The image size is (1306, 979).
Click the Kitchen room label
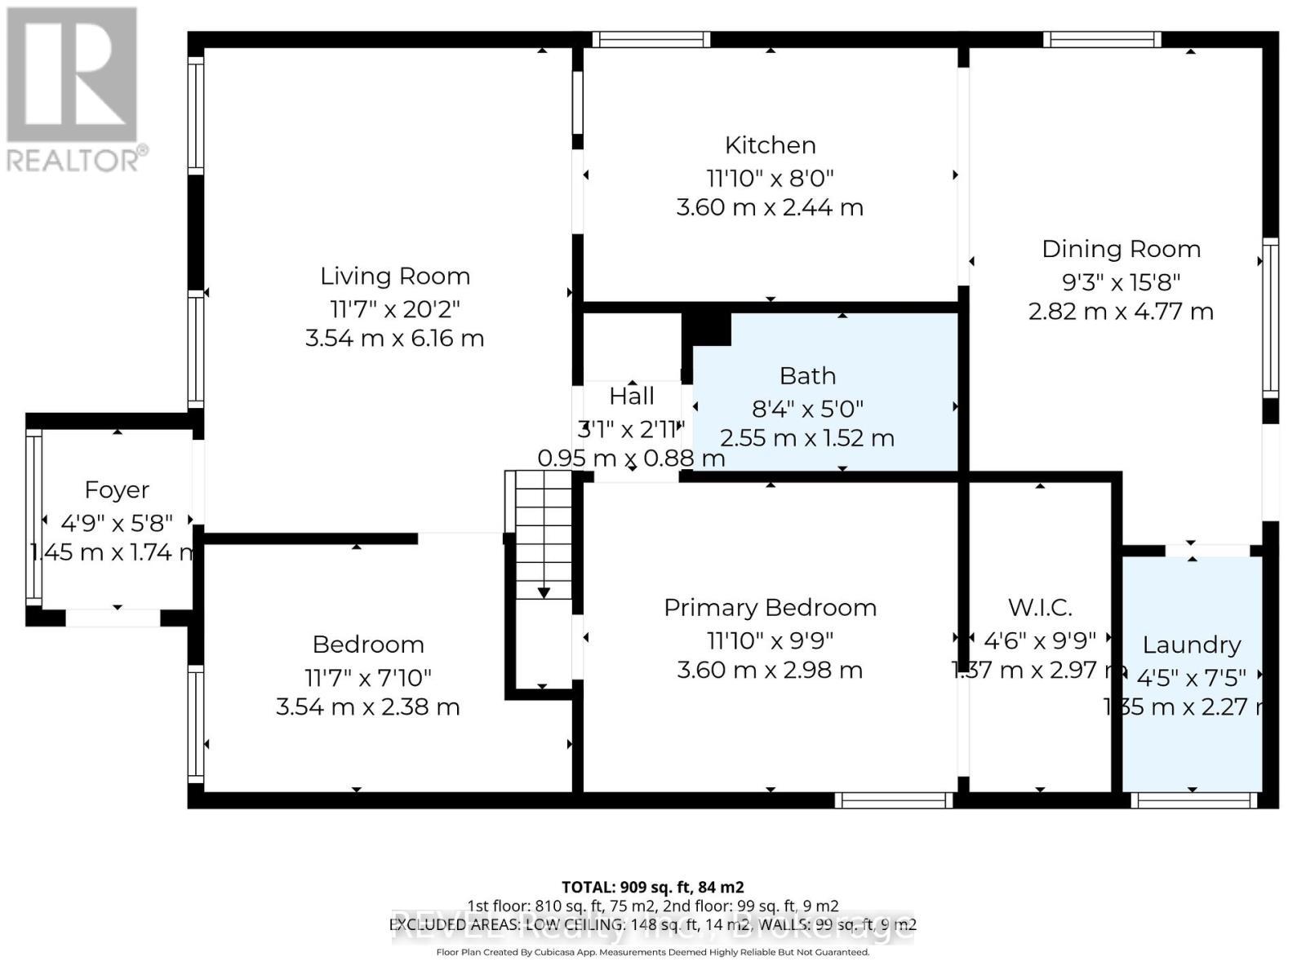[770, 145]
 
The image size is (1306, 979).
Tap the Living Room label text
[394, 277]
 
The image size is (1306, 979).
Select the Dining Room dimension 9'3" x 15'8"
[1121, 282]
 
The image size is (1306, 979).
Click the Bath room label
[807, 376]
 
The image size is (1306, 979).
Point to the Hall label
[631, 396]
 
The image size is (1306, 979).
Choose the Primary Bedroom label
[770, 608]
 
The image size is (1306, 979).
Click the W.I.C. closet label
[1039, 608]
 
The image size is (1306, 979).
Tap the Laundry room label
[1191, 645]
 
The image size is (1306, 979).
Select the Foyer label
[117, 490]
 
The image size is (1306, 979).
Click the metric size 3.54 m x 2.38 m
[367, 707]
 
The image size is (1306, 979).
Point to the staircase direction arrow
[544, 592]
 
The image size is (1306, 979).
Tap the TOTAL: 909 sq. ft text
[651, 887]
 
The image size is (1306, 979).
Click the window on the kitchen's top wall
[651, 39]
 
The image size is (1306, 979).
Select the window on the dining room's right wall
[1270, 318]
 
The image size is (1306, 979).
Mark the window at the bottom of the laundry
[1193, 800]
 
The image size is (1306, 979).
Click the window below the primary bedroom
[893, 800]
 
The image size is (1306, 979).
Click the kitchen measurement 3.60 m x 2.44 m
[770, 207]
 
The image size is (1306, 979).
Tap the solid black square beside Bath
[707, 329]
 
